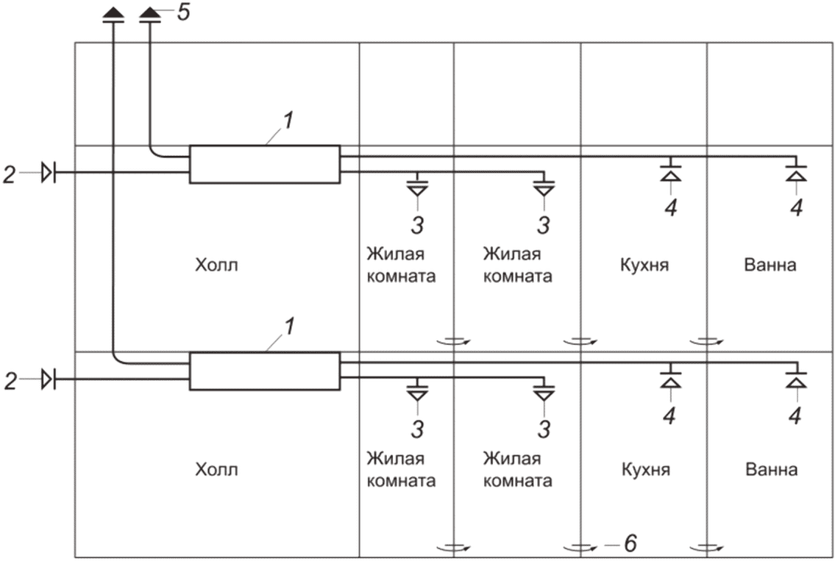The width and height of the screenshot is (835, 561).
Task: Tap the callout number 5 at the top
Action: (x=184, y=12)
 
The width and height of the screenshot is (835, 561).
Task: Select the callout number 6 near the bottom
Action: (x=630, y=543)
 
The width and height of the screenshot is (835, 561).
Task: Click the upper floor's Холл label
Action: (x=216, y=265)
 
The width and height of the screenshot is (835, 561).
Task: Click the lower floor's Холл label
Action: (x=216, y=469)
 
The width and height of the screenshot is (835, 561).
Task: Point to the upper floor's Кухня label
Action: (x=644, y=265)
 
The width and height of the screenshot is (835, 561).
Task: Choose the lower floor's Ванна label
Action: (x=772, y=469)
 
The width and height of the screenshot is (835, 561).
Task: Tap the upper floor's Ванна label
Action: (x=770, y=265)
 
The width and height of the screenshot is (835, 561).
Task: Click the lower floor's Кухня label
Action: (x=645, y=469)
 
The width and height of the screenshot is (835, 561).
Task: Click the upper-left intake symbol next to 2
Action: (x=49, y=173)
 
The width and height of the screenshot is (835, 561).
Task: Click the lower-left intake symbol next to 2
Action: (x=49, y=379)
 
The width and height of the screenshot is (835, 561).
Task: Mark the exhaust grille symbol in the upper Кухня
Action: (x=670, y=171)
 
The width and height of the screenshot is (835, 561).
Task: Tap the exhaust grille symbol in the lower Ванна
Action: (x=796, y=378)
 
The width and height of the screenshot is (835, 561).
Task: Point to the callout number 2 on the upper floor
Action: (x=10, y=174)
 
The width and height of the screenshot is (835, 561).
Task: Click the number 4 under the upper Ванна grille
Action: (x=796, y=208)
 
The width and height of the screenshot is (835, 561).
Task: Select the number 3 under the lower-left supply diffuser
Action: (x=418, y=429)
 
